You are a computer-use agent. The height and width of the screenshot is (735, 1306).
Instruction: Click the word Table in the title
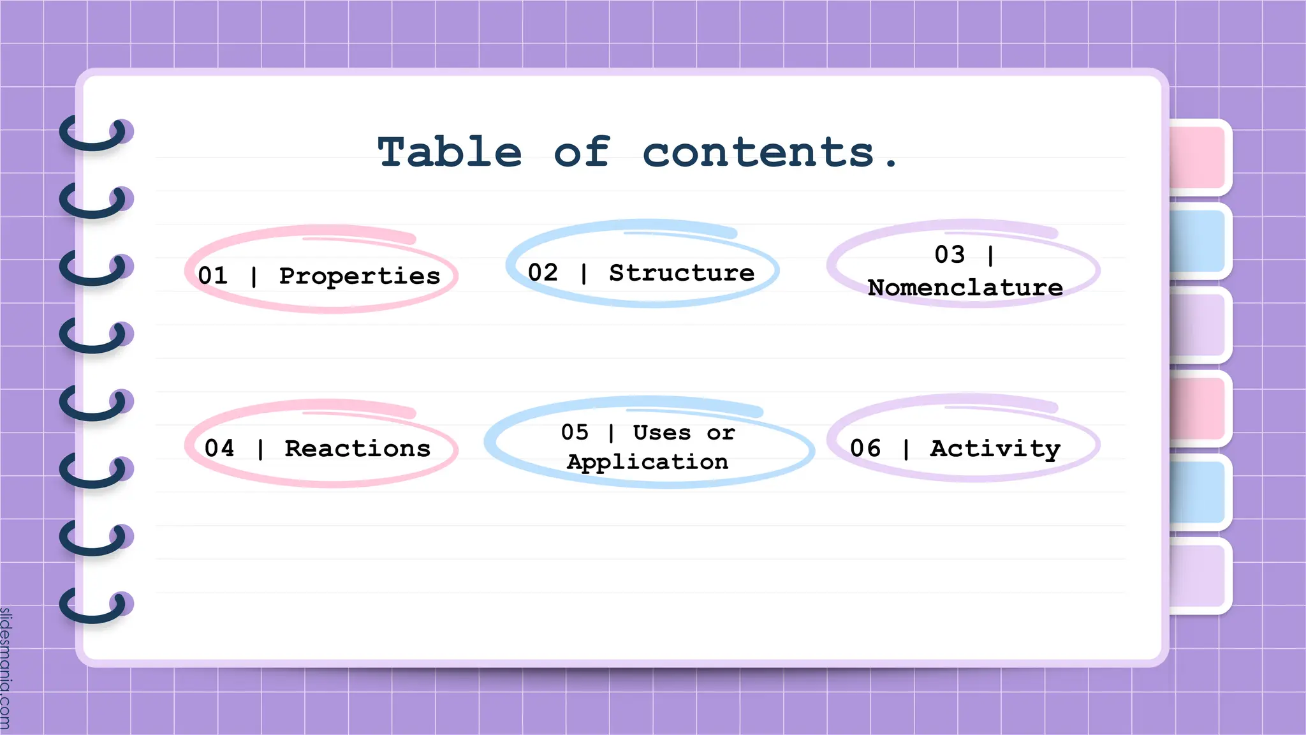pos(450,153)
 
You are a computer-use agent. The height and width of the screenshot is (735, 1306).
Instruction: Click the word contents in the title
pos(758,153)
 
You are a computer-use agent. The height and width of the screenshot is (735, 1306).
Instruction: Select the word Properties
pos(360,276)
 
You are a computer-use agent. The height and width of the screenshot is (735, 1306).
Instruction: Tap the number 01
pos(212,276)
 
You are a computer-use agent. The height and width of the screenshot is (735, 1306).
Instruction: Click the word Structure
pos(682,273)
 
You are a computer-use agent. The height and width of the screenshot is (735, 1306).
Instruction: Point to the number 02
pos(543,272)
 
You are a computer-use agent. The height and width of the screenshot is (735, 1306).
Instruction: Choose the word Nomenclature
pos(965,288)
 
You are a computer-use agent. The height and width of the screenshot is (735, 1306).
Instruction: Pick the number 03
pos(950,255)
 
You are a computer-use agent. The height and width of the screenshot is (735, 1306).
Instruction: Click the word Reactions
pos(358,449)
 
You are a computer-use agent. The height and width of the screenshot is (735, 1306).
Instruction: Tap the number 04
pos(219,448)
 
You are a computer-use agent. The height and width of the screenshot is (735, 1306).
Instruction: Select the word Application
pos(647,462)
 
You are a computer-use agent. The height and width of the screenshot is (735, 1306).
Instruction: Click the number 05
pos(575,432)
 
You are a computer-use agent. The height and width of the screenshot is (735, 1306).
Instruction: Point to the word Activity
pos(995,449)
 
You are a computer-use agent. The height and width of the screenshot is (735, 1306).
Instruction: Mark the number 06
pos(865,448)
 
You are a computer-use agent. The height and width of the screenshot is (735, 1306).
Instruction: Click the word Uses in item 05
pos(661,433)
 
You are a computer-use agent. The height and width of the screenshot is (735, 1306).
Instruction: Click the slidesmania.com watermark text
pos(6,667)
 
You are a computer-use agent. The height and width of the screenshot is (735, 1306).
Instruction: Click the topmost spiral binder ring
pos(96,133)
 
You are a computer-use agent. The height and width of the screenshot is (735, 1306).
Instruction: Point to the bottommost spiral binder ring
pos(96,605)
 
